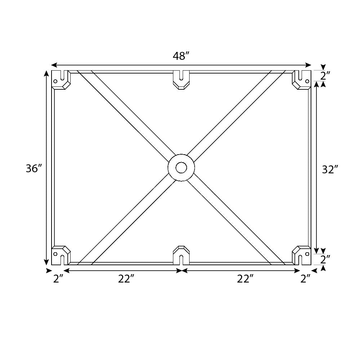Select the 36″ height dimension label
coord(34,168)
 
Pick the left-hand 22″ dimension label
coord(126,279)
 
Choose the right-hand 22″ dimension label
coord(245,279)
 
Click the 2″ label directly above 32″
coord(325,76)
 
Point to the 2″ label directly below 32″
coord(325,259)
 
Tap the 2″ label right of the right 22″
coord(306,279)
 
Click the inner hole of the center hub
coord(181,168)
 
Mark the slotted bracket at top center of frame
coord(181,79)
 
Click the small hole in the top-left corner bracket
coord(55,81)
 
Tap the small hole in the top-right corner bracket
coord(307,81)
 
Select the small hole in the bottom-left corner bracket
coord(55,254)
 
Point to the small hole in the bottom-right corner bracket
coord(307,254)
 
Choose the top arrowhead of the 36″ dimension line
coord(46,73)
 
